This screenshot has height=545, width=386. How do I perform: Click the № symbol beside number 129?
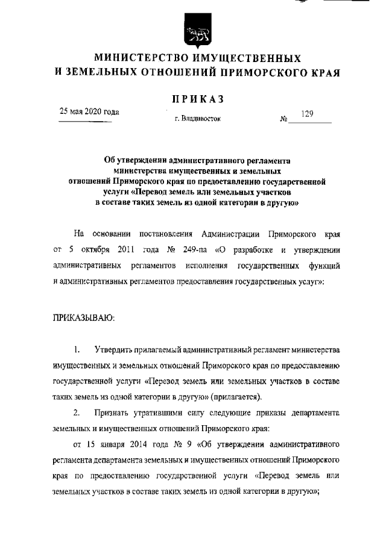(x=283, y=119)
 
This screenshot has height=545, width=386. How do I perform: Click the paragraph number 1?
(x=77, y=349)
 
